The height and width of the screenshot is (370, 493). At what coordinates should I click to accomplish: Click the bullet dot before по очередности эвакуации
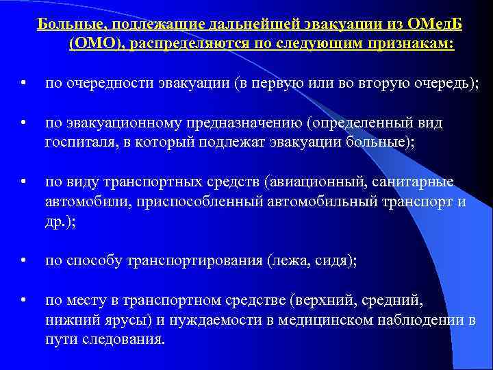click(24, 84)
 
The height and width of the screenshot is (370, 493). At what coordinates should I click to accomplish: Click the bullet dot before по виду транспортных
click(24, 182)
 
